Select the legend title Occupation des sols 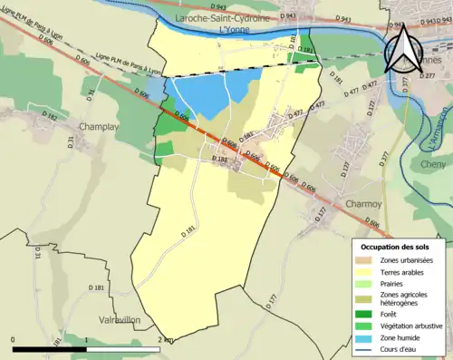[396, 247]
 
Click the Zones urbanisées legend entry [406, 261]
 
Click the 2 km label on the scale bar [165, 339]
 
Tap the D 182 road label [50, 119]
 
